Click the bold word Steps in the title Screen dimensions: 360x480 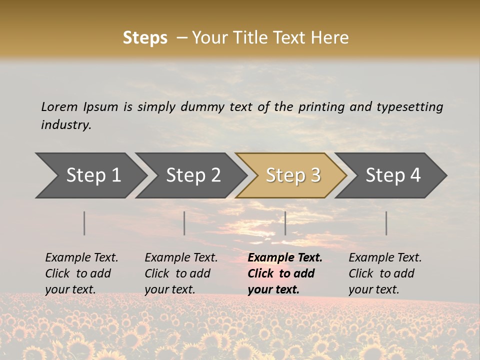point(145,38)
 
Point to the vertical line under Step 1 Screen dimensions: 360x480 point(84,223)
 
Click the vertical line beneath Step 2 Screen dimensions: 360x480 point(184,223)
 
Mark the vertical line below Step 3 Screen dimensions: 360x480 point(285,223)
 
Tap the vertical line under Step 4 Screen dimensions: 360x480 point(386,223)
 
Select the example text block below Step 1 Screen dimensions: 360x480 point(81,273)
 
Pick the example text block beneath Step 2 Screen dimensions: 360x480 point(181,273)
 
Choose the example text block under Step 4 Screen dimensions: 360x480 point(385,273)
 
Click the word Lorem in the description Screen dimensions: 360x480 point(59,106)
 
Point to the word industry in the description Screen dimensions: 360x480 point(66,125)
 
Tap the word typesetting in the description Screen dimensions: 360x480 point(409,107)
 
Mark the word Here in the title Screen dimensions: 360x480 point(332,38)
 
